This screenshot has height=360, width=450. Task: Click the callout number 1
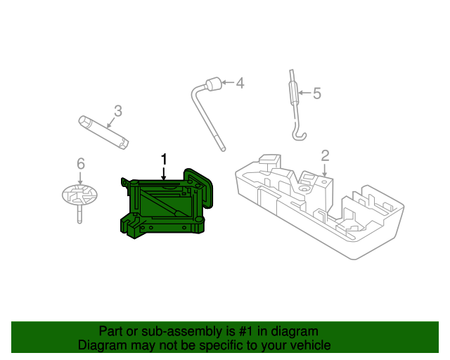coord(165,160)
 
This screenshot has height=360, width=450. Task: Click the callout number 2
coord(325,155)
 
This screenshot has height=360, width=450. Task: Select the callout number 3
coord(118,111)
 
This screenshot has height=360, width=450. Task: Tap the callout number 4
coord(240,84)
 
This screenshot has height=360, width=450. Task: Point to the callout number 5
coord(316,93)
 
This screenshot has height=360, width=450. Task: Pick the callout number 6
coord(81,164)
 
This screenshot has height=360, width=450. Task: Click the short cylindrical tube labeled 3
coord(103,131)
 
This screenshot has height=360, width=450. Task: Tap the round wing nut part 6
coord(77,193)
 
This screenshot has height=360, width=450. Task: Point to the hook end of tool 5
coord(299,134)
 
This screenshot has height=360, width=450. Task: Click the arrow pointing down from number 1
coord(165,176)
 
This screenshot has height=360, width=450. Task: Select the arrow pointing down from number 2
coord(325,169)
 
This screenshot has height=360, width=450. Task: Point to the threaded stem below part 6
coord(78,213)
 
